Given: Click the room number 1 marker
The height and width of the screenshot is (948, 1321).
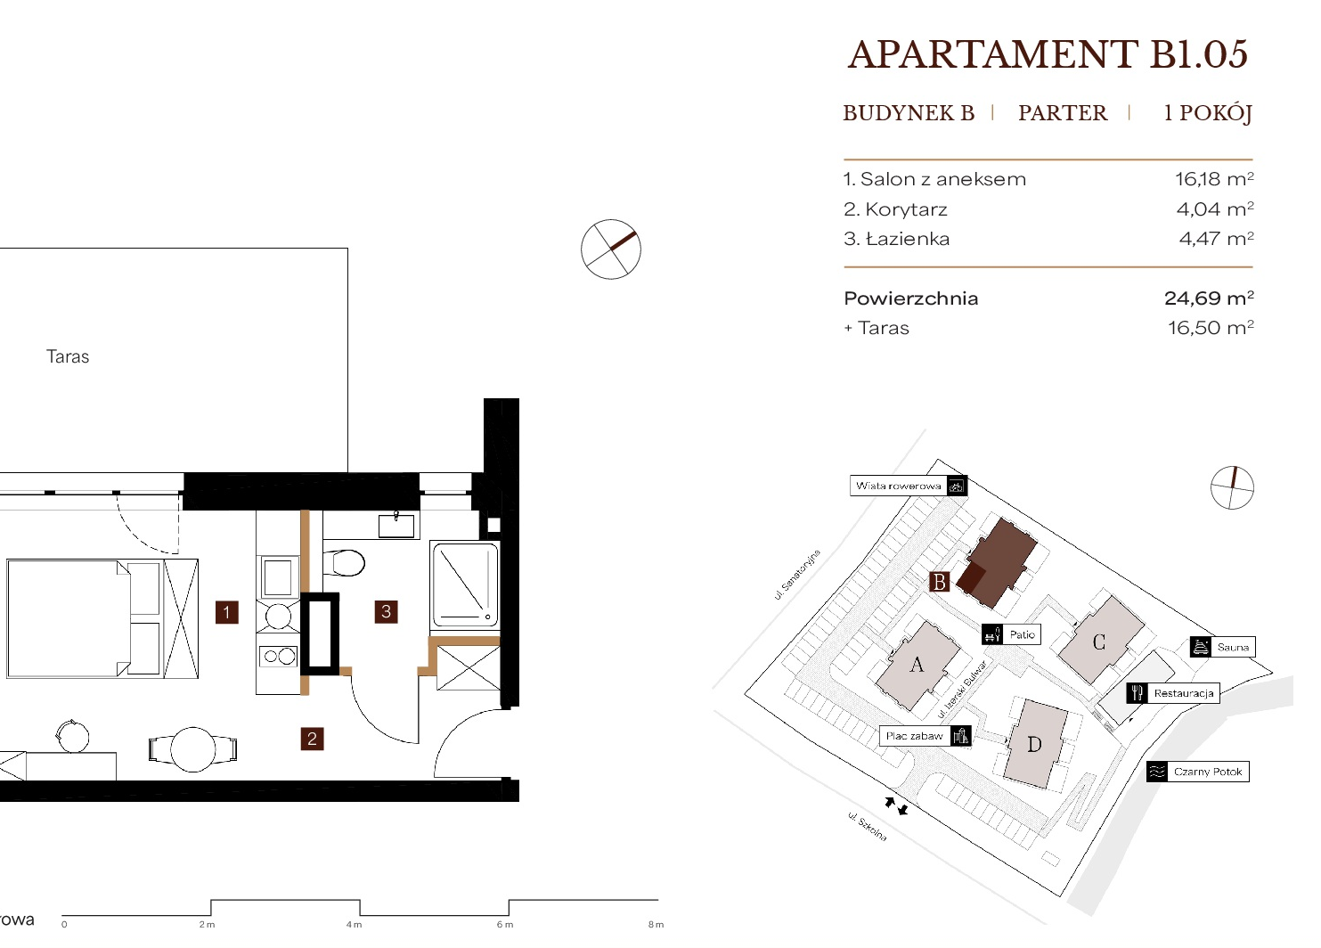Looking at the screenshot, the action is point(226,612).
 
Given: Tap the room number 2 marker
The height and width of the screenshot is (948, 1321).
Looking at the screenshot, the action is point(312,739).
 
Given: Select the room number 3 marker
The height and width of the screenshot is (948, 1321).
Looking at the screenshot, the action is point(387,612).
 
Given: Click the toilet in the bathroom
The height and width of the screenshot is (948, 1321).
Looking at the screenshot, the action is point(344,563).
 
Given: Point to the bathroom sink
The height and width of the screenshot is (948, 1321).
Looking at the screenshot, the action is point(396,525).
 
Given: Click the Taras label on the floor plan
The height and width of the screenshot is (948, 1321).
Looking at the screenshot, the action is point(68,356).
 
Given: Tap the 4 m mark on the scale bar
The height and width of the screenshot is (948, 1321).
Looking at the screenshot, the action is point(354,925).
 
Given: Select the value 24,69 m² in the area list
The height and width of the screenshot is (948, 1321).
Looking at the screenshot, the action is point(1209,298).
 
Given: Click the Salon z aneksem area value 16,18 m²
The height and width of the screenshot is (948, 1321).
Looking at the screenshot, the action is point(1214,179).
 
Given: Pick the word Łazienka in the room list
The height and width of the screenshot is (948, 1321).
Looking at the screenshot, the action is point(908,239).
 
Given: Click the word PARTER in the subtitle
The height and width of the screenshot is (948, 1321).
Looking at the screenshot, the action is point(1063,112).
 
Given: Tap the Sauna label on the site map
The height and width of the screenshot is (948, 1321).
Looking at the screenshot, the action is point(1233,647).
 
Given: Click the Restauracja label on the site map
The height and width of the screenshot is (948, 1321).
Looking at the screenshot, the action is point(1184,693).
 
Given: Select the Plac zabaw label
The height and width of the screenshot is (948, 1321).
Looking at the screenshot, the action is point(914,736).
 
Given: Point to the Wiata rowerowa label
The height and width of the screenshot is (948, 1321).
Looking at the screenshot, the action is point(898,486).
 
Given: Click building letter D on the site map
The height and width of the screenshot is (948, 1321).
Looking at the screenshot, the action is point(1034,744).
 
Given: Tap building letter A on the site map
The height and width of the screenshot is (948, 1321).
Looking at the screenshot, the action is point(917,665).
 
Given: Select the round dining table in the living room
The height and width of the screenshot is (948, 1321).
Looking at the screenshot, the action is point(192,750).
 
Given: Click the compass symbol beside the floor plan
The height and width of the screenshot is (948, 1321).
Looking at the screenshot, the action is point(610,249).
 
